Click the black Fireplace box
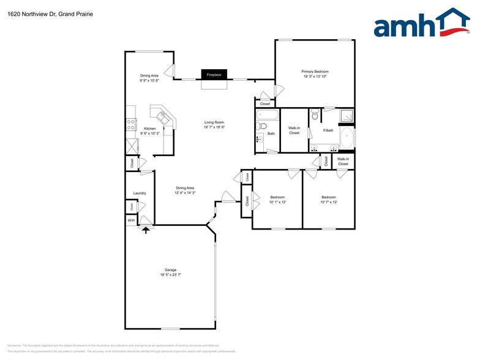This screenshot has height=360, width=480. (x=214, y=75)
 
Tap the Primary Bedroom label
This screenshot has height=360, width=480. (x=315, y=72)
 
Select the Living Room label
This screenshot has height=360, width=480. (x=214, y=122)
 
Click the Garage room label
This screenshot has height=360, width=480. (x=170, y=270)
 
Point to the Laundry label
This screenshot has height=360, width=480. (x=140, y=193)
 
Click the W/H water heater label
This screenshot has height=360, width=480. (x=131, y=220)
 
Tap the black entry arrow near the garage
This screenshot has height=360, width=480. (x=146, y=230)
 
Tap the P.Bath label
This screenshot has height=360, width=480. (x=328, y=130)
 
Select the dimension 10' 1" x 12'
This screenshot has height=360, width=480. (x=277, y=202)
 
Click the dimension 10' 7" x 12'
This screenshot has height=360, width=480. (x=329, y=202)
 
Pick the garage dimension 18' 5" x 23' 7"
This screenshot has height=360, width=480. (x=170, y=276)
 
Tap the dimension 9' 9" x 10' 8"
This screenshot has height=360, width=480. (x=149, y=80)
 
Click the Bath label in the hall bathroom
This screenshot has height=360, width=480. (x=271, y=133)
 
